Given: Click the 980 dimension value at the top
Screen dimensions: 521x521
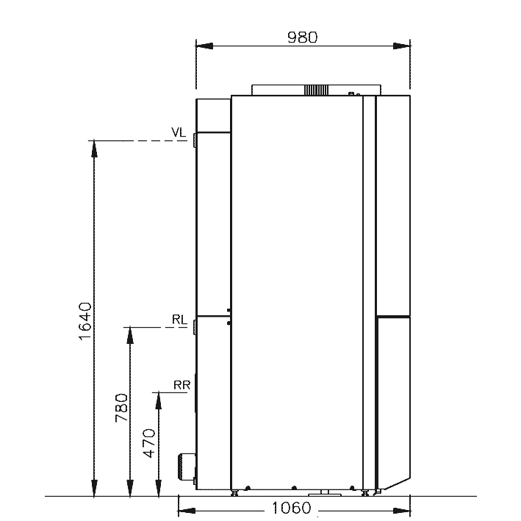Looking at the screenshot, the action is point(302,37).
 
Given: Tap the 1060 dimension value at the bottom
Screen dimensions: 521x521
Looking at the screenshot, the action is point(292,508).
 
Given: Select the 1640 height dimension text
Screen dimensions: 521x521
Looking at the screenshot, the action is point(85,321).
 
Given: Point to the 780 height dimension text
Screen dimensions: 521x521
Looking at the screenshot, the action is point(121,408).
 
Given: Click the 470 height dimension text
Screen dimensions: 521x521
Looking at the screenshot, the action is point(149,443).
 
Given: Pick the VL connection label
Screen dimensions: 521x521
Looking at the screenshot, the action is point(179,132).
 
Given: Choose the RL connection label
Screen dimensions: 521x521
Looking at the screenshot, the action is point(179,320).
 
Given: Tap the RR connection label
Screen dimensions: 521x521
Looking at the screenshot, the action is point(182,385).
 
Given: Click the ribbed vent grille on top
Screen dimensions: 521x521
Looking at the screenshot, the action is point(316,90).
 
